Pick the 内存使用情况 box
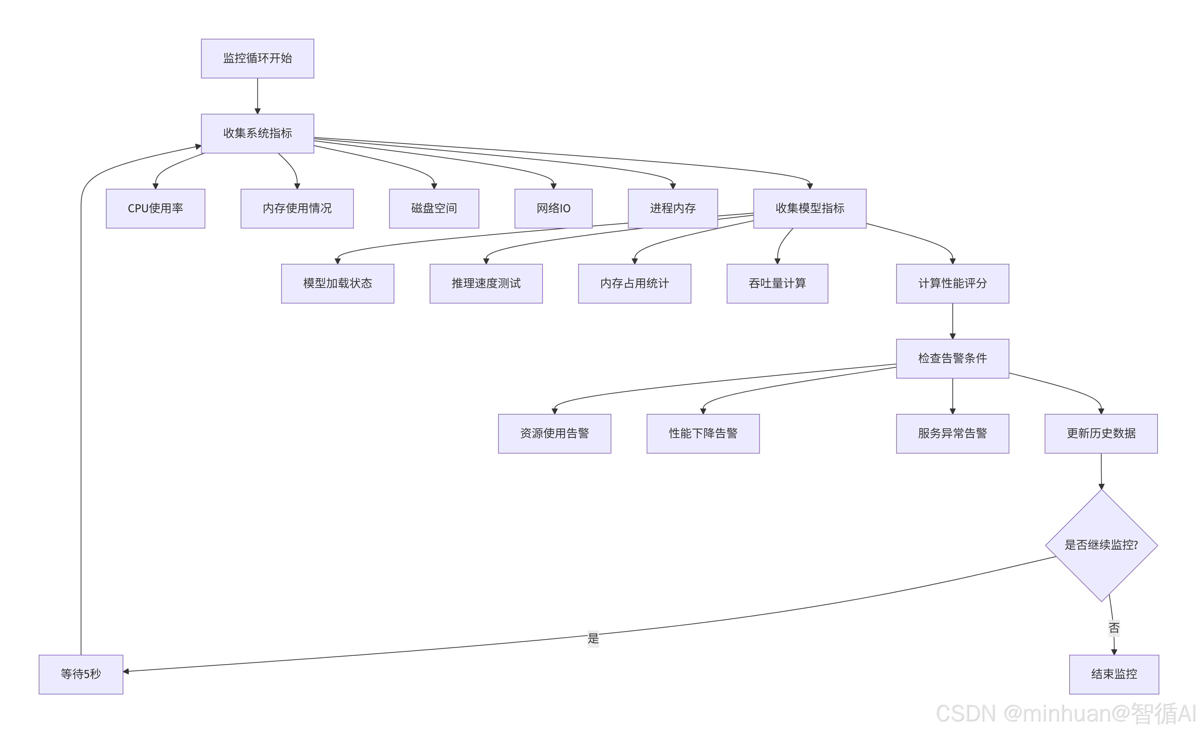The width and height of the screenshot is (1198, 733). tap(297, 208)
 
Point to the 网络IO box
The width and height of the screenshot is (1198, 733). tap(553, 208)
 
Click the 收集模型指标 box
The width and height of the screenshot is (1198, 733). tap(810, 208)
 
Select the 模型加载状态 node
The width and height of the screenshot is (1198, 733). tap(337, 284)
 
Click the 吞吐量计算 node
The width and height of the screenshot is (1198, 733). tap(777, 284)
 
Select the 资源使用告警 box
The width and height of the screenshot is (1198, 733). tap(554, 433)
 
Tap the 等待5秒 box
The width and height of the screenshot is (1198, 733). tap(81, 674)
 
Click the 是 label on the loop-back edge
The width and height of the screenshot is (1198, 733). tap(593, 638)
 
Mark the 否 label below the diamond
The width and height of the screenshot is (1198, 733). tap(1113, 628)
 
